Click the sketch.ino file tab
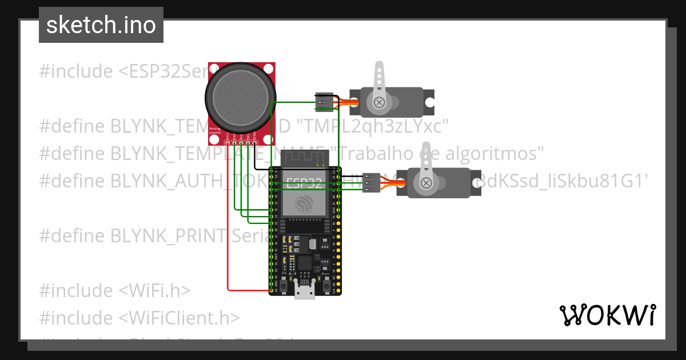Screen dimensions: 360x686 pyautogui.click(x=101, y=25)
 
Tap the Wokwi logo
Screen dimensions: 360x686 pyautogui.click(x=607, y=315)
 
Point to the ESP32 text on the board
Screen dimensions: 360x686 pyautogui.click(x=303, y=183)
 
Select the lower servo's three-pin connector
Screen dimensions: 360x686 pyautogui.click(x=372, y=183)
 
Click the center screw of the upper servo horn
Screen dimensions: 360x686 pyautogui.click(x=379, y=103)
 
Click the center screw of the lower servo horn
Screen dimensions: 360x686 pyautogui.click(x=426, y=183)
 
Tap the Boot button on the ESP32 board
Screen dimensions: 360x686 pyautogui.click(x=326, y=281)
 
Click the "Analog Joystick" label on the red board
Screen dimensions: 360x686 pyautogui.click(x=216, y=131)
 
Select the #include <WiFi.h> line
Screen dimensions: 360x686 pyautogui.click(x=114, y=290)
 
